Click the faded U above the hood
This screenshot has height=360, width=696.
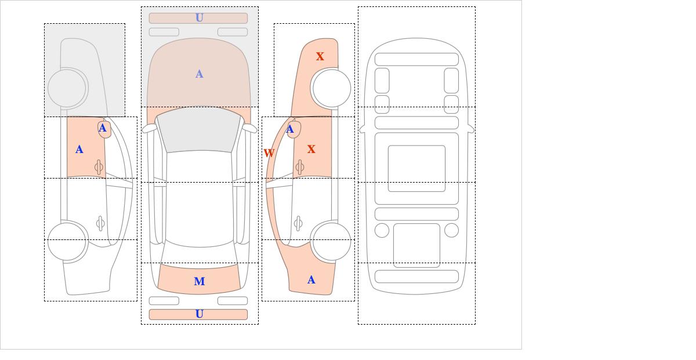199,18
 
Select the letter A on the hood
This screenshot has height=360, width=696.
199,74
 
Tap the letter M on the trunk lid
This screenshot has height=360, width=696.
199,282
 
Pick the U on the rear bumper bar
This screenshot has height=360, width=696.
199,314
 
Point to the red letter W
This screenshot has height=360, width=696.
269,154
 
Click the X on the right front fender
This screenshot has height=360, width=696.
320,57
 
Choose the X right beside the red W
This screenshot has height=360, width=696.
311,150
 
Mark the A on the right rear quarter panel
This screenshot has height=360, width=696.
311,281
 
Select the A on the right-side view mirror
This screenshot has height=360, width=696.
290,130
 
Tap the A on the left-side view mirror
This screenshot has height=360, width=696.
103,128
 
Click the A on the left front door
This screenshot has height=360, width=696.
79,150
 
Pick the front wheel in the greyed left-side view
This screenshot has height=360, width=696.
67,88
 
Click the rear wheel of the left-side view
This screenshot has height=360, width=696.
67,241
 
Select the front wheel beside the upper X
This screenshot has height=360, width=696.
332,88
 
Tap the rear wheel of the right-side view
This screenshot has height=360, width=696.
332,241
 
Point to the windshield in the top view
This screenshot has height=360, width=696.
199,130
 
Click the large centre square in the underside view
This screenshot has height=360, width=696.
416,169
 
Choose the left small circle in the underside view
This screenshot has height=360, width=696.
382,230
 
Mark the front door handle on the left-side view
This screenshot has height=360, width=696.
99,168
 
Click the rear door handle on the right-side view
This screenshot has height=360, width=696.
298,223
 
